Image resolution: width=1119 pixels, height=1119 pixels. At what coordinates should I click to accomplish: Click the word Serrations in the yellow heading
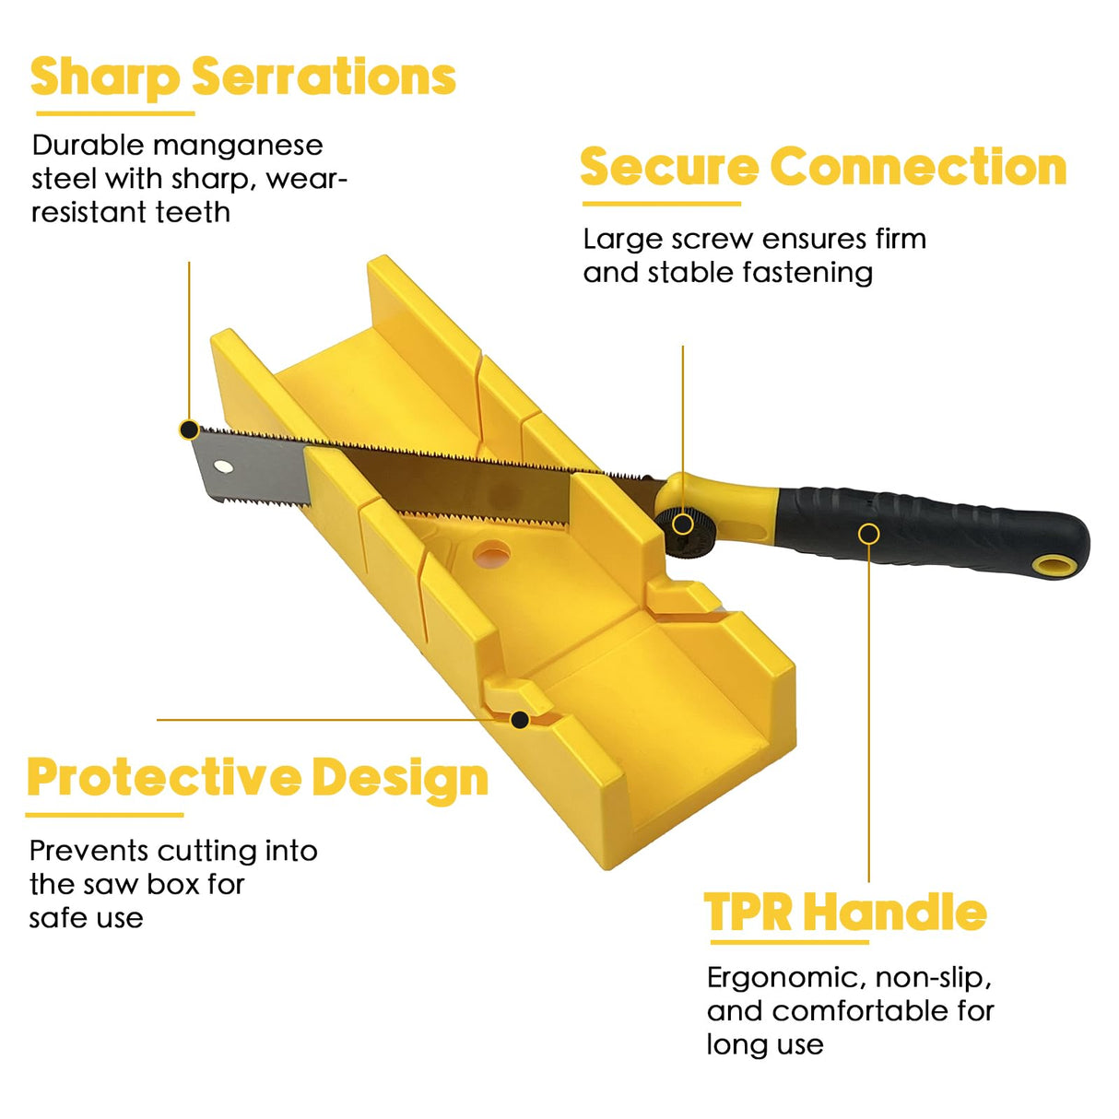324,77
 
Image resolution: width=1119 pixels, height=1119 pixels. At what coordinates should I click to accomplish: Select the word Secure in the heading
669,167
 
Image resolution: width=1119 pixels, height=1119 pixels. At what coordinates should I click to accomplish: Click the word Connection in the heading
918,167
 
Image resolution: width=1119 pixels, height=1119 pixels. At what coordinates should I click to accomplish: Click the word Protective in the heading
164,779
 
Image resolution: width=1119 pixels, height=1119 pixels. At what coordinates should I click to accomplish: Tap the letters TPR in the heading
748,913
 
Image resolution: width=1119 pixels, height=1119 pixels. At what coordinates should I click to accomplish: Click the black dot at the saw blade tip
189,430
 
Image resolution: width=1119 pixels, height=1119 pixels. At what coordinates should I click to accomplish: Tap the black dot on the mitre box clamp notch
520,720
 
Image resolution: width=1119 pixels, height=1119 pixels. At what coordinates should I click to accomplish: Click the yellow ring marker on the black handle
868,534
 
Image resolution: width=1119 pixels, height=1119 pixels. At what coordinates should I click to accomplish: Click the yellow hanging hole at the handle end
1054,566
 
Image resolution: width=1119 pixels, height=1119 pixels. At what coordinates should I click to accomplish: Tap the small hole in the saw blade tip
223,465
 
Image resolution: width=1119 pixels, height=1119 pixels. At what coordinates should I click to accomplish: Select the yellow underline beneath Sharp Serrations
115,113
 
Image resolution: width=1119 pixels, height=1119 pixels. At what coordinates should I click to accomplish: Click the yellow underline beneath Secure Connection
662,204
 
